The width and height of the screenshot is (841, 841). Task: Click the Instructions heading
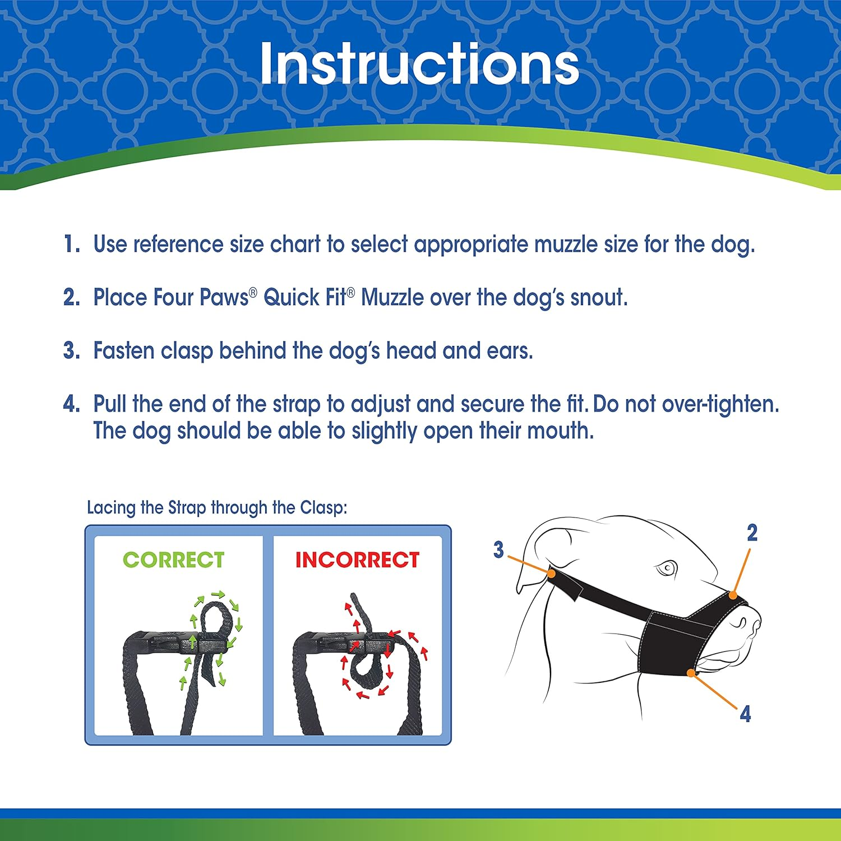pyautogui.click(x=419, y=64)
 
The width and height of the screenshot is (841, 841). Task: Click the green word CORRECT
pyautogui.click(x=174, y=560)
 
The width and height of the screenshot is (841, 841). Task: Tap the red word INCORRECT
pyautogui.click(x=357, y=560)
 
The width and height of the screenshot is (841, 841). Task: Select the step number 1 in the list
pyautogui.click(x=71, y=244)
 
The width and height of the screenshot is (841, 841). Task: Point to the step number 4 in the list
pyautogui.click(x=71, y=404)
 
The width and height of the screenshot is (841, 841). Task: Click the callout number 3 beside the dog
pyautogui.click(x=498, y=549)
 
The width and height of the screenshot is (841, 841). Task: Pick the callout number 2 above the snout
pyautogui.click(x=752, y=533)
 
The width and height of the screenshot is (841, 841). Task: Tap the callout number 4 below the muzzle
pyautogui.click(x=745, y=714)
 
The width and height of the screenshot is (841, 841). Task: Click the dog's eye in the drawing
pyautogui.click(x=667, y=569)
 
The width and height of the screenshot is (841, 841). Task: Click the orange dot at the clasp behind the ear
pyautogui.click(x=551, y=574)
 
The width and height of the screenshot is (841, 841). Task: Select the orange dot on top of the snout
pyautogui.click(x=733, y=595)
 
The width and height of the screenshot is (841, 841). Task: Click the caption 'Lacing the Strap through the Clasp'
pyautogui.click(x=217, y=507)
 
